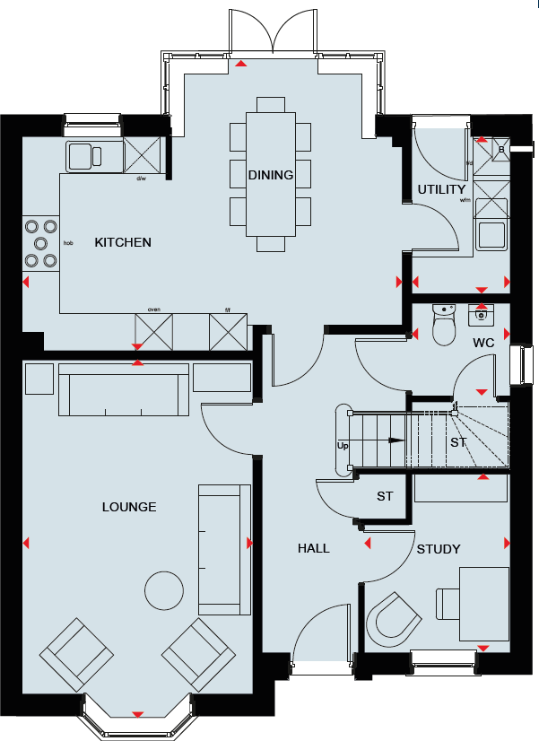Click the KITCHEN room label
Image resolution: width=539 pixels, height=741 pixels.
pyautogui.click(x=123, y=242)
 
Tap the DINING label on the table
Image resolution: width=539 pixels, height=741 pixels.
pyautogui.click(x=271, y=175)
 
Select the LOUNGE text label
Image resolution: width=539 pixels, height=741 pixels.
pyautogui.click(x=129, y=507)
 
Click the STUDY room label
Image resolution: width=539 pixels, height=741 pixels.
pyautogui.click(x=439, y=549)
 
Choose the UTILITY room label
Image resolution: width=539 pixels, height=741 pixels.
pyautogui.click(x=441, y=189)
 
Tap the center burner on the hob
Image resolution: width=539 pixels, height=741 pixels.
pyautogui.click(x=40, y=243)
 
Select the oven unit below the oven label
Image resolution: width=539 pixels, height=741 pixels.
pyautogui.click(x=152, y=332)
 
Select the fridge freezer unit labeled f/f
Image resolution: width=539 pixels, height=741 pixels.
pyautogui.click(x=227, y=332)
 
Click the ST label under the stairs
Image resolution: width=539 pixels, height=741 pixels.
pyautogui.click(x=459, y=443)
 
